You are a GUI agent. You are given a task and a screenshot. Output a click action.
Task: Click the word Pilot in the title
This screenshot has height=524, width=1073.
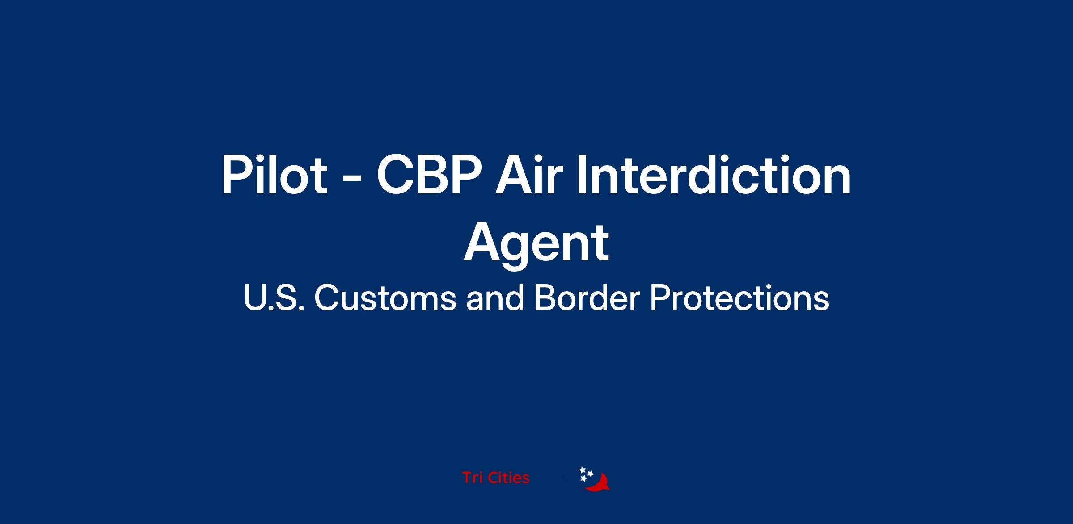[x=275, y=175]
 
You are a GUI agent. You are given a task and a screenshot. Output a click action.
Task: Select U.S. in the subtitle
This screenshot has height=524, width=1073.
[x=274, y=298]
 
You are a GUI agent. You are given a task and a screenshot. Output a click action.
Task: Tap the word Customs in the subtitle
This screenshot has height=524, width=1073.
[x=385, y=298]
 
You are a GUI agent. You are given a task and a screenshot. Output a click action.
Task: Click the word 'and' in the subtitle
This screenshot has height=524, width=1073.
[x=495, y=298]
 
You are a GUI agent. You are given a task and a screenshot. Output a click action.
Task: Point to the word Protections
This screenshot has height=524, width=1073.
[x=739, y=298]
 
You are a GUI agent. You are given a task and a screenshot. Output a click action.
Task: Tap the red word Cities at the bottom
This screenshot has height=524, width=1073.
[x=509, y=478]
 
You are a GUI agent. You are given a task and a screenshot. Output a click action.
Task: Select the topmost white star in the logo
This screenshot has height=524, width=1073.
[x=583, y=470]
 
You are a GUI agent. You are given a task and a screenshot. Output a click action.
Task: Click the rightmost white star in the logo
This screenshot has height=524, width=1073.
[x=590, y=474]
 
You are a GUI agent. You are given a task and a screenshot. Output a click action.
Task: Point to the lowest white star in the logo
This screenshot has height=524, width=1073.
[x=583, y=478]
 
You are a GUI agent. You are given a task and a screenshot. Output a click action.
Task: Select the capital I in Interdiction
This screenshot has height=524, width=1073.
[x=581, y=175]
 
